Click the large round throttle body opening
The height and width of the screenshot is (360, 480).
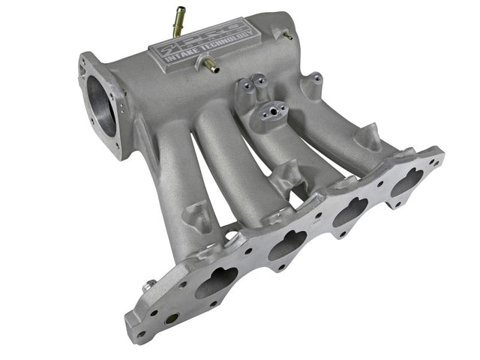click(x=102, y=106)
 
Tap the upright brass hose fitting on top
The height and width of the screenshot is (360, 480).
click(x=178, y=20)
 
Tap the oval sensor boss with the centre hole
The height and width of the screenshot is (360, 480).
click(x=271, y=114)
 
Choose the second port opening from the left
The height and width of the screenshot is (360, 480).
click(x=287, y=244)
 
